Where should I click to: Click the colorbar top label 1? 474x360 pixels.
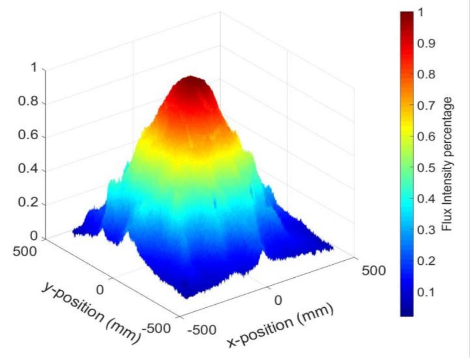pos(420,13)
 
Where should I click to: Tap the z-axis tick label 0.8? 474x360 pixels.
pos(28,103)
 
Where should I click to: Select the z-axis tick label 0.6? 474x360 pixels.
pos(28,136)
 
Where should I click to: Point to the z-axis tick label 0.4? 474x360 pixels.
pos(28,170)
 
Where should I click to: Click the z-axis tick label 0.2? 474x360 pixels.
pos(28,203)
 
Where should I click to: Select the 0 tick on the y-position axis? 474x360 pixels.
pos(100,289)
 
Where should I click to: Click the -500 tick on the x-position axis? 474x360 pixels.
pos(202,330)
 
